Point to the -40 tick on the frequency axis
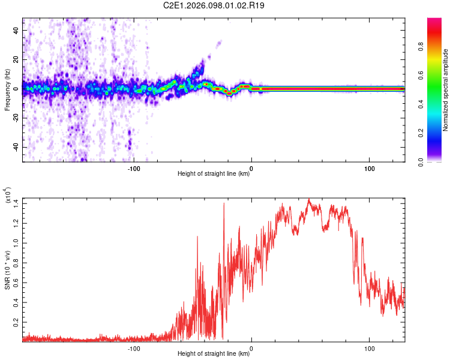[x=16, y=147]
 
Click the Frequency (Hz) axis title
[x=7, y=90]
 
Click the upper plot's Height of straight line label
[x=214, y=173]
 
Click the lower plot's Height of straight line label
[x=214, y=353]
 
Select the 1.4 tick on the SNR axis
[x=15, y=202]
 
